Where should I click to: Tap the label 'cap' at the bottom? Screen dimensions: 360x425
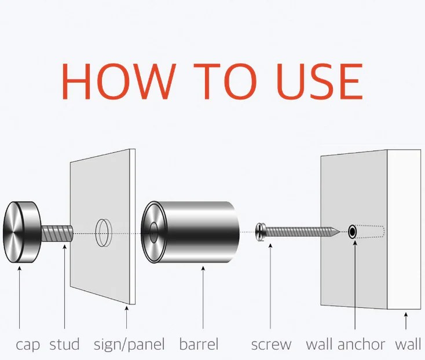click(x=27, y=345)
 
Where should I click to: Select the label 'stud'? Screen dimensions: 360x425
click(x=64, y=345)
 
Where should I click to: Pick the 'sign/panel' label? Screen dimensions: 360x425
click(x=129, y=345)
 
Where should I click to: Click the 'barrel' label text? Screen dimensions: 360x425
click(x=199, y=345)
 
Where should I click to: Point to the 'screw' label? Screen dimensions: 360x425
click(x=271, y=345)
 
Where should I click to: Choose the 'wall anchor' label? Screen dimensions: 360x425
click(x=346, y=345)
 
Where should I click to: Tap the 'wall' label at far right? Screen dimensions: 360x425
click(x=408, y=345)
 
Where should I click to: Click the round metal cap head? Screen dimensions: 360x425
click(x=19, y=233)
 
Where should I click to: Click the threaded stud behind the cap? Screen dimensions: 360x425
click(x=57, y=234)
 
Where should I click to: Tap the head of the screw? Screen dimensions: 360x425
click(x=259, y=233)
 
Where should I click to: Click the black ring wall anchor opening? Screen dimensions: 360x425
click(x=352, y=233)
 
